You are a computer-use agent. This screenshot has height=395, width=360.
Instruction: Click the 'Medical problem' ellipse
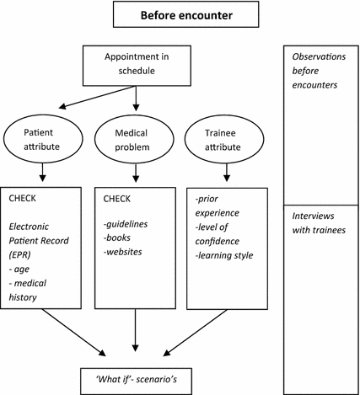(x=135, y=139)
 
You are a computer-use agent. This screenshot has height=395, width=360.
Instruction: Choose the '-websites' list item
(x=123, y=250)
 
